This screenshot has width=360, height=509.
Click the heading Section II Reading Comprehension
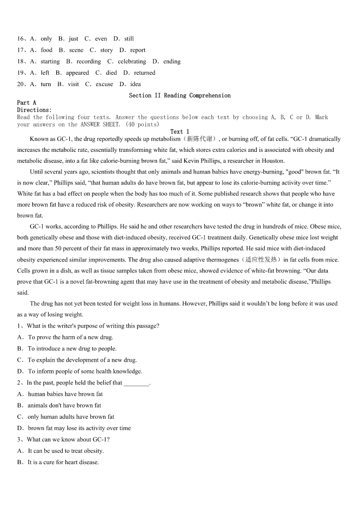point(180,96)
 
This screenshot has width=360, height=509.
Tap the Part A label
point(27,103)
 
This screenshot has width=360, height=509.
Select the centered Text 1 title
point(180,131)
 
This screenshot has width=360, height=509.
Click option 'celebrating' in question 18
point(131,62)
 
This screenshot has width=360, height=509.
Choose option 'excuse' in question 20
point(104,84)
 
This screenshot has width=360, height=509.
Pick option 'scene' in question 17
point(76,50)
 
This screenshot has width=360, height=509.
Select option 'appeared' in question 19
point(77,73)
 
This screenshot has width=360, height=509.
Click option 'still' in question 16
point(129,39)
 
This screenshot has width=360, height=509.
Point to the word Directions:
point(34,110)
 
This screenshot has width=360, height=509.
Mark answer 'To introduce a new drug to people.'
point(72,349)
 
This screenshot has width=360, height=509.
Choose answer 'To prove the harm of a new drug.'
point(70,337)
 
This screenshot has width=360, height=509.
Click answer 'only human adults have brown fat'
point(71,417)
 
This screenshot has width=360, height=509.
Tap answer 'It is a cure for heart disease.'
point(63,462)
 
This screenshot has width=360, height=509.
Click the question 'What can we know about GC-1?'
point(68,439)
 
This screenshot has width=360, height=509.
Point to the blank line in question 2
point(136,383)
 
